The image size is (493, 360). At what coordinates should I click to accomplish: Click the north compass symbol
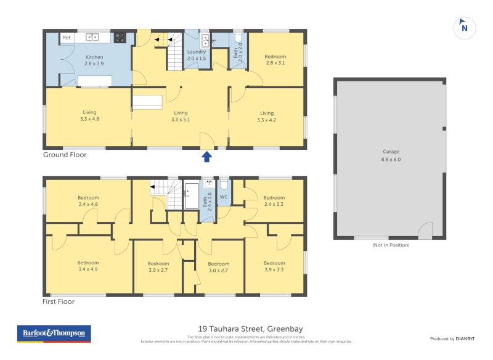pyautogui.click(x=465, y=27)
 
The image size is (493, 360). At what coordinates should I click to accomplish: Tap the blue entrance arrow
pyautogui.click(x=207, y=157)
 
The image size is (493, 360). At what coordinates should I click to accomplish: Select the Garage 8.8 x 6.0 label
pyautogui.click(x=391, y=155)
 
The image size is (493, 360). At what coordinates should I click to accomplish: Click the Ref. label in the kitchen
pyautogui.click(x=67, y=38)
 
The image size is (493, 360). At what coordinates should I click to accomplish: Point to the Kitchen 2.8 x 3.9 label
pyautogui.click(x=94, y=60)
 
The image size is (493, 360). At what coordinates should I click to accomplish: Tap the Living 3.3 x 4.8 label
pyautogui.click(x=90, y=116)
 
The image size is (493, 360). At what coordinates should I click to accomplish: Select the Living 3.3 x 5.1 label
pyautogui.click(x=181, y=117)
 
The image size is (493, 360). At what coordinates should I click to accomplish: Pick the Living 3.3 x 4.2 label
pyautogui.click(x=267, y=117)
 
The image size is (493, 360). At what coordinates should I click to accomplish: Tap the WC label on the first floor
pyautogui.click(x=224, y=197)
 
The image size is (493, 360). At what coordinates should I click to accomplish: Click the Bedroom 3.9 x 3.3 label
pyautogui.click(x=274, y=266)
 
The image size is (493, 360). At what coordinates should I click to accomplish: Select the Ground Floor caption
pyautogui.click(x=65, y=155)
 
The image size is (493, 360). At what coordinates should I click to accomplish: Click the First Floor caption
pyautogui.click(x=59, y=302)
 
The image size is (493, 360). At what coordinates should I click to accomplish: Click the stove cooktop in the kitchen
pyautogui.click(x=120, y=38)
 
